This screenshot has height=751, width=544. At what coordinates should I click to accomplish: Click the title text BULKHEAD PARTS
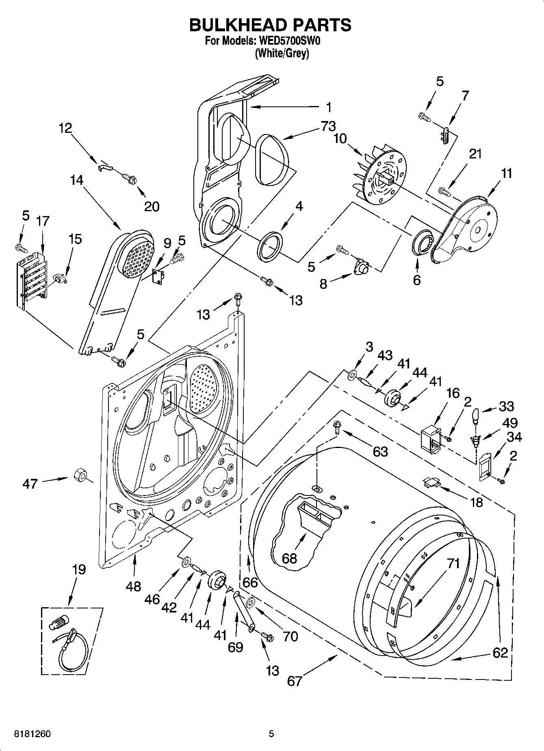(x=270, y=25)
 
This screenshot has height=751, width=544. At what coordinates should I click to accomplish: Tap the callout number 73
(x=328, y=126)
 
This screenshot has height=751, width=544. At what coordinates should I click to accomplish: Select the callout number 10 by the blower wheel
(x=340, y=139)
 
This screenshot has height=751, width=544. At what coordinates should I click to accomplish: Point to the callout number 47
(x=30, y=484)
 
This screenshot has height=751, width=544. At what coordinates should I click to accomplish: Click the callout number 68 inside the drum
(x=289, y=558)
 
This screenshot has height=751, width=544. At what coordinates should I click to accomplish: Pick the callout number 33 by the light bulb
(x=507, y=406)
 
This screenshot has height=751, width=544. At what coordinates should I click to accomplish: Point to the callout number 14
(x=76, y=180)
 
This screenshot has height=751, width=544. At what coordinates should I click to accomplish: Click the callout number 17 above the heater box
(x=42, y=221)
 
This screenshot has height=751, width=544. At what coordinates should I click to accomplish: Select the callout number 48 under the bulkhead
(x=133, y=586)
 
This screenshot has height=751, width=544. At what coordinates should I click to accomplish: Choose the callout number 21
(x=475, y=154)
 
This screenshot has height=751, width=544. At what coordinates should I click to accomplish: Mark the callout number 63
(x=380, y=451)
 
